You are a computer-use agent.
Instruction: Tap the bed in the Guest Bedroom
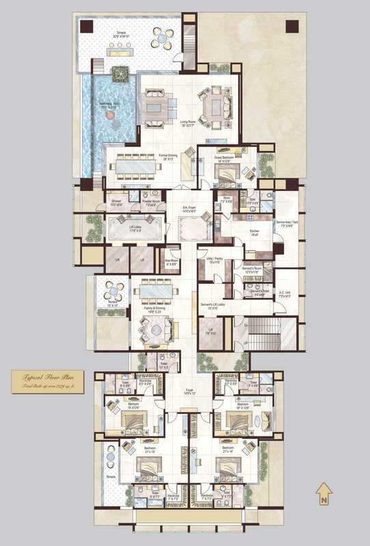pyautogui.click(x=225, y=170)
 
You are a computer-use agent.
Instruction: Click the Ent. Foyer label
pyautogui.click(x=180, y=210)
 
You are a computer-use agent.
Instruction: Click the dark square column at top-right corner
pyautogui.click(x=291, y=27)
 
